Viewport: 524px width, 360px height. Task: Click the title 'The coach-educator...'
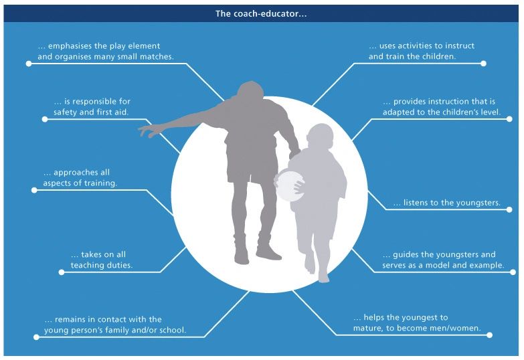[261, 13]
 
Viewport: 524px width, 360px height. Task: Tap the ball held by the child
[290, 185]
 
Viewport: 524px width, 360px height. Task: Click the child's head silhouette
[321, 136]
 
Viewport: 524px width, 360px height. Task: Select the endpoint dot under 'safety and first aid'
[45, 119]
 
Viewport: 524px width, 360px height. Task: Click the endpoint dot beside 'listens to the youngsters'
[509, 209]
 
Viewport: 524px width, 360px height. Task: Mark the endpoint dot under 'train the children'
[483, 64]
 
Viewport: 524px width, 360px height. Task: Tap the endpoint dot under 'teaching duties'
[62, 272]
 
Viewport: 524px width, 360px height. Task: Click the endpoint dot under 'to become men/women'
[490, 335]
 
